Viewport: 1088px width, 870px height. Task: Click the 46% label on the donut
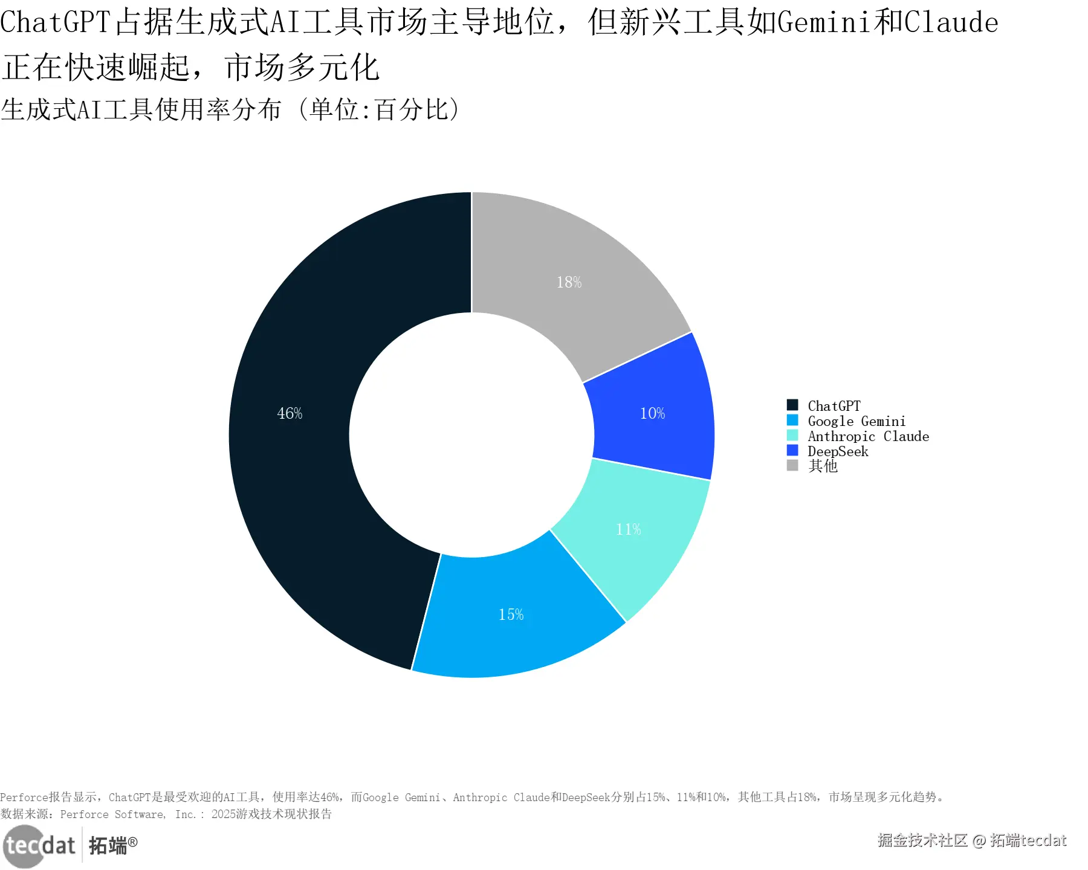(x=290, y=413)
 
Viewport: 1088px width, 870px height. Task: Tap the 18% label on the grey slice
(x=569, y=282)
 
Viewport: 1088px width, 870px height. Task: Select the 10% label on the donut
(x=652, y=413)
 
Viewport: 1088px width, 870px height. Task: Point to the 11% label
(x=628, y=529)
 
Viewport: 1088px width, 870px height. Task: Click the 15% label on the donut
(x=511, y=614)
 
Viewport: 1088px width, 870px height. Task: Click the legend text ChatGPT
(x=834, y=406)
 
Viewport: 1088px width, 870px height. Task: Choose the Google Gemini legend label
(x=856, y=421)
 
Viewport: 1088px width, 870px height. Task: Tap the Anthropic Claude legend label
(x=868, y=436)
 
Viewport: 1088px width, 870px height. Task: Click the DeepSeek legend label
(x=838, y=451)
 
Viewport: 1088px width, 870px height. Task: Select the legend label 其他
(x=823, y=466)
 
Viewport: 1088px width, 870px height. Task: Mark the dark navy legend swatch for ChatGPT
(x=792, y=405)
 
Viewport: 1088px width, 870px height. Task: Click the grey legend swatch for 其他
(x=792, y=465)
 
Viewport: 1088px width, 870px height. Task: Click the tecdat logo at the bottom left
(x=40, y=845)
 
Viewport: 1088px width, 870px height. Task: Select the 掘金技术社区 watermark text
(x=922, y=840)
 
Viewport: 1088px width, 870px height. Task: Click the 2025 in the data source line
(x=223, y=814)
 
